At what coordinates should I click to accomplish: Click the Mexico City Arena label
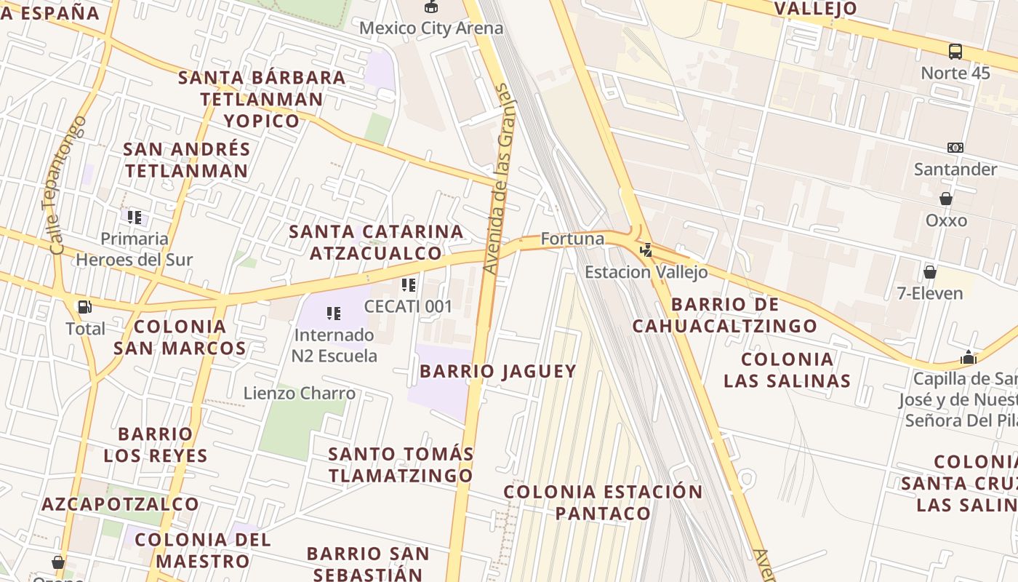pyautogui.click(x=431, y=28)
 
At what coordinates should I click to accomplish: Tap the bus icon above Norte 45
pyautogui.click(x=955, y=52)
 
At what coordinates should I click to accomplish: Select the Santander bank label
pyautogui.click(x=955, y=170)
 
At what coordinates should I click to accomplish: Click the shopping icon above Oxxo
pyautogui.click(x=946, y=199)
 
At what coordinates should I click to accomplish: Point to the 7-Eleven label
pyautogui.click(x=930, y=293)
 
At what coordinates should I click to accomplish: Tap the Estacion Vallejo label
pyautogui.click(x=646, y=272)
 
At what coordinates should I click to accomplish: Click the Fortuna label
pyautogui.click(x=572, y=239)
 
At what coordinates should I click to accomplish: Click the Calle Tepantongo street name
pyautogui.click(x=68, y=185)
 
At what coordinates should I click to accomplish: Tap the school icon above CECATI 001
pyautogui.click(x=409, y=285)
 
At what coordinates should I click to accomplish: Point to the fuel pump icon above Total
pyautogui.click(x=85, y=307)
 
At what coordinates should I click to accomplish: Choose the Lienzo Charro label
pyautogui.click(x=300, y=394)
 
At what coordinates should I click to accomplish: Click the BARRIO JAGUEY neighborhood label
pyautogui.click(x=498, y=371)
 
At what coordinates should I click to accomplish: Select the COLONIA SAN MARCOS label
pyautogui.click(x=180, y=337)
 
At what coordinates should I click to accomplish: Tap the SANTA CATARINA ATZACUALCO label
pyautogui.click(x=376, y=242)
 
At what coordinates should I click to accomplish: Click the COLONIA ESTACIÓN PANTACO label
pyautogui.click(x=604, y=503)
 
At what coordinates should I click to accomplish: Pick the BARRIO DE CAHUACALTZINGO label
pyautogui.click(x=725, y=315)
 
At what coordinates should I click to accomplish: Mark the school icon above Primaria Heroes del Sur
pyautogui.click(x=135, y=217)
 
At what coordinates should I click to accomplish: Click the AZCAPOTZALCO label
pyautogui.click(x=120, y=504)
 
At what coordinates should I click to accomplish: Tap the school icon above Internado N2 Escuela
pyautogui.click(x=334, y=314)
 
